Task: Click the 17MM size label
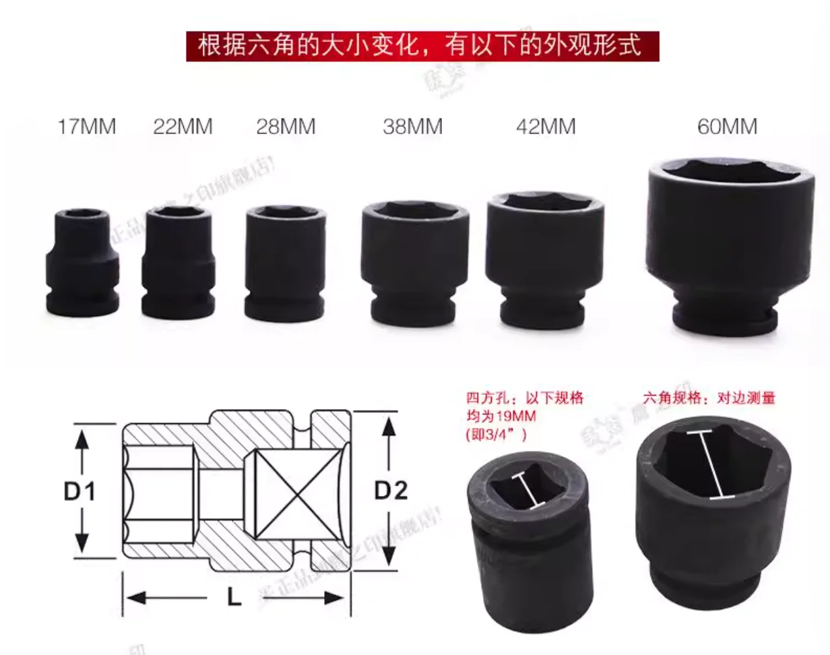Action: coord(86,126)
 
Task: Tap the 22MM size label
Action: coord(183,126)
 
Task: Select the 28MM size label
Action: coord(286,127)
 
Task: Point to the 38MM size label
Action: coord(413,127)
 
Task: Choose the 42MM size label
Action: coord(546,127)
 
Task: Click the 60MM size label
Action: coord(727,127)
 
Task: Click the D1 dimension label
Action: coord(80,492)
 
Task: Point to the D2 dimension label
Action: coord(391,492)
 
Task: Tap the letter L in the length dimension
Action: coord(234,598)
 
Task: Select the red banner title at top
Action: coord(422,46)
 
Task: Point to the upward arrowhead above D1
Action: coord(82,439)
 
